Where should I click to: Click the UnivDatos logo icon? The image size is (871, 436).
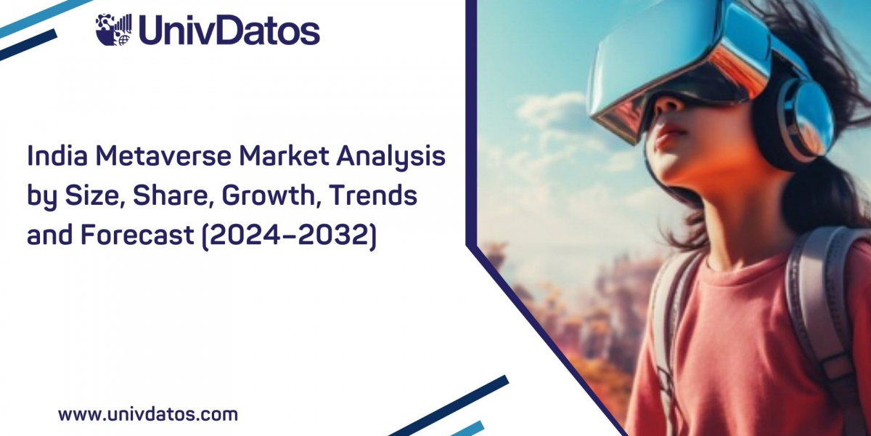113,30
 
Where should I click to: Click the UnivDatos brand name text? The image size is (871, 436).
229,30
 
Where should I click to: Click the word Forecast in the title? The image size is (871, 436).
137,234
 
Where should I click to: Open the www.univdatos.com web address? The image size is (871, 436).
148,415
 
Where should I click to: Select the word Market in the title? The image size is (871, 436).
283,156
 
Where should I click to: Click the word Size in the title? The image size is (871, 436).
94,195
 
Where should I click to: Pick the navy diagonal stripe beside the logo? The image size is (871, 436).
28,46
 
